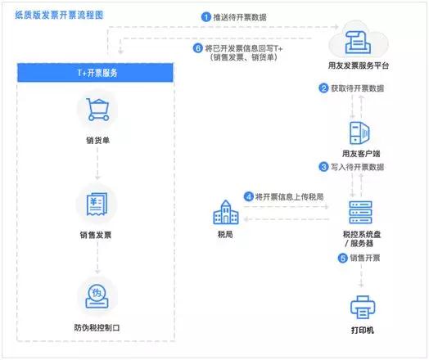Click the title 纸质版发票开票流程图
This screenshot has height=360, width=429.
pyautogui.click(x=59, y=15)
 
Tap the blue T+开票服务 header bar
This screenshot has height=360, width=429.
pyautogui.click(x=95, y=73)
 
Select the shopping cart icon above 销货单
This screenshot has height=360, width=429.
pyautogui.click(x=97, y=110)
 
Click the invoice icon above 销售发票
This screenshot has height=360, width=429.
pyautogui.click(x=97, y=204)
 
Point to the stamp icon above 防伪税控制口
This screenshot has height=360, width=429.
pyautogui.click(x=97, y=296)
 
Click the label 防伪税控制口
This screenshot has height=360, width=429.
pyautogui.click(x=97, y=327)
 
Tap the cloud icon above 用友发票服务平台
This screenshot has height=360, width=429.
pyautogui.click(x=358, y=40)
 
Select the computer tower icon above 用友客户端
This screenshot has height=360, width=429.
pyautogui.click(x=359, y=133)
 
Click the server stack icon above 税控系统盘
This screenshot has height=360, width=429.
pyautogui.click(x=360, y=212)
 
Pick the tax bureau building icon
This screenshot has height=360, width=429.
pyautogui.click(x=226, y=212)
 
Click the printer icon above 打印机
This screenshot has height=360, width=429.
pyautogui.click(x=363, y=308)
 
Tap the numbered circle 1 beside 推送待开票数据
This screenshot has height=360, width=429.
pyautogui.click(x=205, y=17)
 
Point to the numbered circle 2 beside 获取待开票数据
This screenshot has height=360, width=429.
pyautogui.click(x=323, y=88)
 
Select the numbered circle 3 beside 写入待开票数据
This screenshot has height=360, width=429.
pyautogui.click(x=323, y=167)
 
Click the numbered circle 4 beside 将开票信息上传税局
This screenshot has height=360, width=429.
pyautogui.click(x=248, y=196)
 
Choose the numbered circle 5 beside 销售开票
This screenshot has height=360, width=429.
pyautogui.click(x=342, y=258)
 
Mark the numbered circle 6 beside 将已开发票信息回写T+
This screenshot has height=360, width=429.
pyautogui.click(x=198, y=48)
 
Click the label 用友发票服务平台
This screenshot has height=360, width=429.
pyautogui.click(x=359, y=65)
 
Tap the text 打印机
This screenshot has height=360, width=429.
pyautogui.click(x=363, y=331)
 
